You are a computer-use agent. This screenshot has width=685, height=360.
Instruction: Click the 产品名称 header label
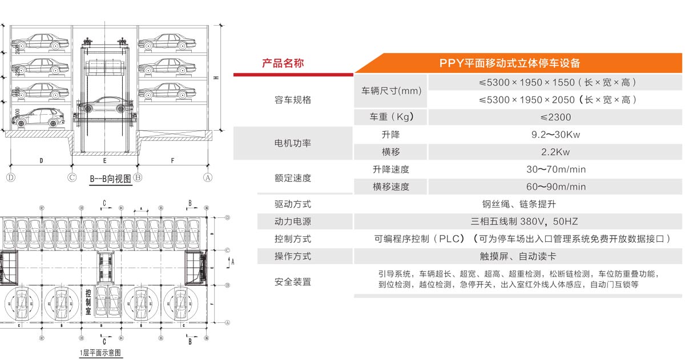click(283, 63)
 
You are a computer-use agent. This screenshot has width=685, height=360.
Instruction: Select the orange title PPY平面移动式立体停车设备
click(510, 63)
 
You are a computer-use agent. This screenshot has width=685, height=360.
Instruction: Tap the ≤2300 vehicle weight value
click(555, 118)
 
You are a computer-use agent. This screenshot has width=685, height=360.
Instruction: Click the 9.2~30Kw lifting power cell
click(555, 135)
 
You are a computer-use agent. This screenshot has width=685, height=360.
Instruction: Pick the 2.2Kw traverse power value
click(555, 152)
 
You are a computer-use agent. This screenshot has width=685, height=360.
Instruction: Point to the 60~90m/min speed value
click(555, 187)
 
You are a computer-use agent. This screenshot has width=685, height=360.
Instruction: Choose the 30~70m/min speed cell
click(555, 169)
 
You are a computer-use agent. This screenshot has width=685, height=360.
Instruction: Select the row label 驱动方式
click(293, 204)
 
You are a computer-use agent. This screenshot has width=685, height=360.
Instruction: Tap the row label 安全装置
click(293, 282)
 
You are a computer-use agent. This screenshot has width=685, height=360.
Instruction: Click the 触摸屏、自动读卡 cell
click(518, 256)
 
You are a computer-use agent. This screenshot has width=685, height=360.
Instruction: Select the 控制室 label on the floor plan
click(88, 302)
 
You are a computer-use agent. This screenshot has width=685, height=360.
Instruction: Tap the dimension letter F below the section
click(172, 161)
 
